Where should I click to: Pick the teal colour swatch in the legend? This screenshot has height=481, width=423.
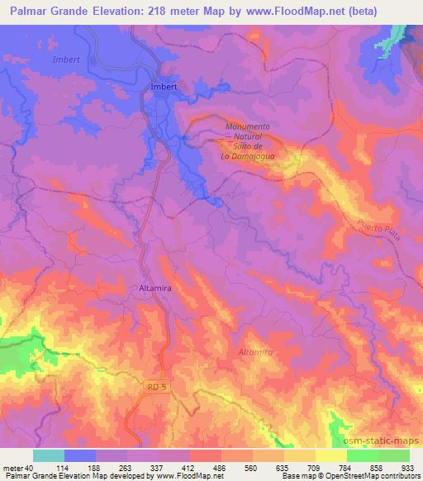[48, 455]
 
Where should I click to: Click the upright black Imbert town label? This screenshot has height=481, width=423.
[165, 86]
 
